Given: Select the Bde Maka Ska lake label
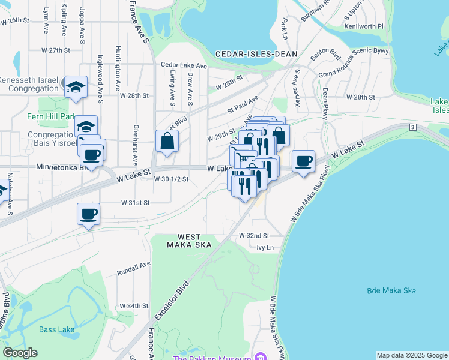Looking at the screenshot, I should tap(391, 291).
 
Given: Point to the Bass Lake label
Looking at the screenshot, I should tap(56, 329).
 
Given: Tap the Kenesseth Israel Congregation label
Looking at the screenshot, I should tap(29, 85).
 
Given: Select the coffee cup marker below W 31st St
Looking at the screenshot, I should tap(89, 214).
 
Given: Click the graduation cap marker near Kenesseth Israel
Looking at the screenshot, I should tap(76, 86).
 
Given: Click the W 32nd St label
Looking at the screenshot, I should tap(254, 236).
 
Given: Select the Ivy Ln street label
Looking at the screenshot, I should tap(265, 247).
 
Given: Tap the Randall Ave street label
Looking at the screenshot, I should tap(134, 266).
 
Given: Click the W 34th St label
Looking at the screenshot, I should tap(134, 305).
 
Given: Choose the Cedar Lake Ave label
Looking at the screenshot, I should tap(184, 65).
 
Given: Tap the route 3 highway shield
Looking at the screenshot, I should tap(413, 127).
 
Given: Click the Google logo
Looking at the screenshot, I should tap(20, 353).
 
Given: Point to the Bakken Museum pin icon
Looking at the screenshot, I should tap(260, 357).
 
